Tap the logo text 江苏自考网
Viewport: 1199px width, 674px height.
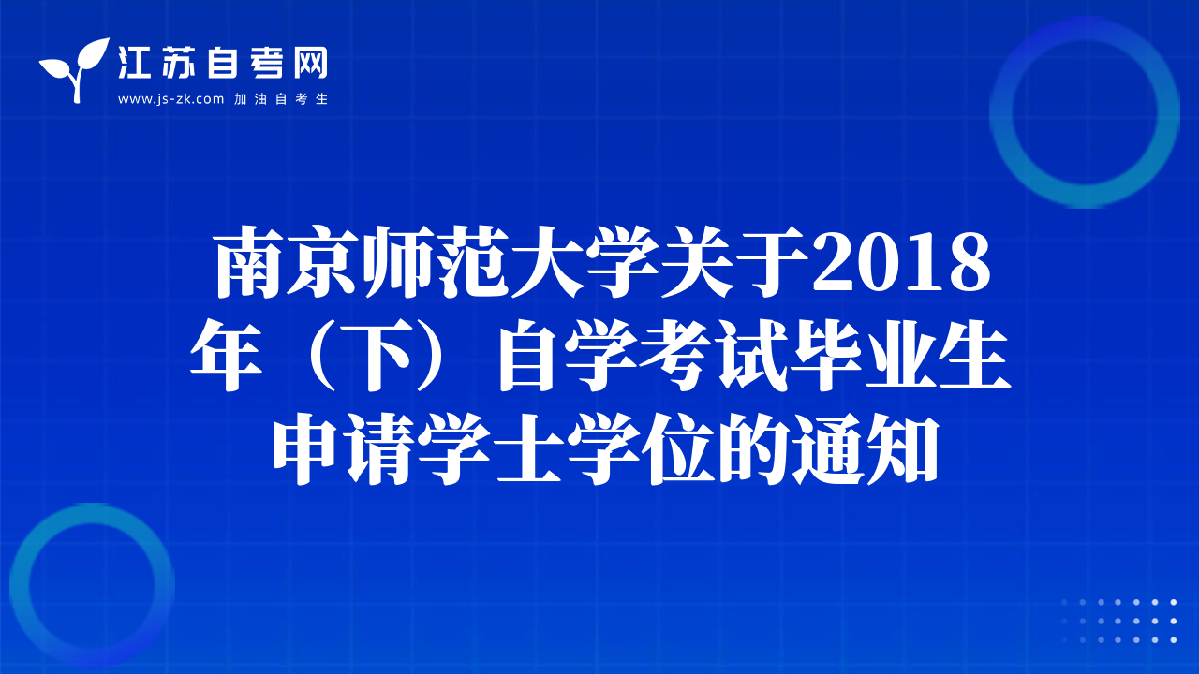coord(223,63)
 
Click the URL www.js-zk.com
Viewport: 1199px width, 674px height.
coord(170,99)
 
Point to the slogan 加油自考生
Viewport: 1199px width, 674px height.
coord(281,99)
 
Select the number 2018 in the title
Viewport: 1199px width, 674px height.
coord(901,263)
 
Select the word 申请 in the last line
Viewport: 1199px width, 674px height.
coord(346,449)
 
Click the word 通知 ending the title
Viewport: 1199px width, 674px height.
coord(866,449)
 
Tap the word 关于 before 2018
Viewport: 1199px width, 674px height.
coord(735,261)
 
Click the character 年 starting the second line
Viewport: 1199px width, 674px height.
coord(226,356)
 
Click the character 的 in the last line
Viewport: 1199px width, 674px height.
coord(752,449)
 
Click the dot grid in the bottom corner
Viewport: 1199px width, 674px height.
coord(1118,621)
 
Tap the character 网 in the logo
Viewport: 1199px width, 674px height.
coord(310,63)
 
